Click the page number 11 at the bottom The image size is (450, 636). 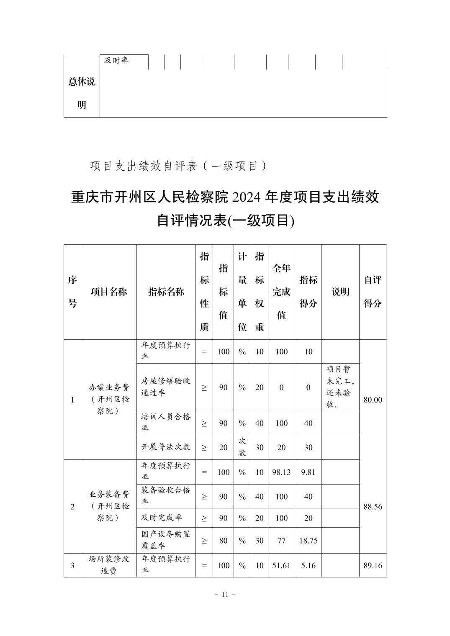[x=225, y=594]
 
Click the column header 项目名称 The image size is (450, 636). [x=109, y=292]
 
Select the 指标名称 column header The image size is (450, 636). [x=166, y=292]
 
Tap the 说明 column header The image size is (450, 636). [x=340, y=292]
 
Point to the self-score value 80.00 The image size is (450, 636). [x=373, y=400]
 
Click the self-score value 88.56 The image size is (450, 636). [x=373, y=507]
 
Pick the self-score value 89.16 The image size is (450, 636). [x=373, y=565]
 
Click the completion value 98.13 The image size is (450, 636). [x=281, y=472]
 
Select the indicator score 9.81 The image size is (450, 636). [x=308, y=472]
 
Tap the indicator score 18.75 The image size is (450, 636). [x=308, y=540]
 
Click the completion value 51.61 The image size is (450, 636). [x=281, y=565]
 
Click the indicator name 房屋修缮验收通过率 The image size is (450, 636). [x=166, y=387]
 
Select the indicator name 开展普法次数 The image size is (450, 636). [x=166, y=447]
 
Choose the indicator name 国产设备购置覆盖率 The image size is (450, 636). [x=166, y=540]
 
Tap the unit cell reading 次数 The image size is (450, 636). [x=242, y=447]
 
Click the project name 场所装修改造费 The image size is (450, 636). [x=109, y=565]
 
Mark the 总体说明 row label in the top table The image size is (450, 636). [x=82, y=93]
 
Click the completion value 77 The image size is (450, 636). [x=281, y=540]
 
